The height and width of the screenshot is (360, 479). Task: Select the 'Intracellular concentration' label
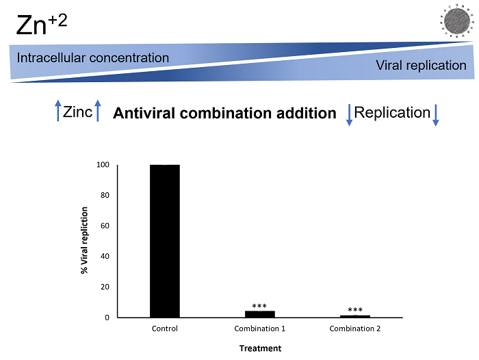click(x=93, y=57)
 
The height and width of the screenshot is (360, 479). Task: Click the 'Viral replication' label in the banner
click(x=421, y=66)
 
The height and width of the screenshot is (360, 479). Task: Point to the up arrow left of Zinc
click(x=58, y=112)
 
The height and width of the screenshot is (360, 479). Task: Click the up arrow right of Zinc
click(x=98, y=112)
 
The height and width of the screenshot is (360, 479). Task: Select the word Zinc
click(x=77, y=112)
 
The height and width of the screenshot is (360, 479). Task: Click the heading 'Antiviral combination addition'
click(x=224, y=114)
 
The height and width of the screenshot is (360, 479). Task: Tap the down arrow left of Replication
click(x=349, y=114)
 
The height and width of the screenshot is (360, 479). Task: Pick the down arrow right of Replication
click(x=435, y=114)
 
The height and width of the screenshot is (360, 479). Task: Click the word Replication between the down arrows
click(x=392, y=112)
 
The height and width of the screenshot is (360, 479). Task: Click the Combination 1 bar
click(x=259, y=314)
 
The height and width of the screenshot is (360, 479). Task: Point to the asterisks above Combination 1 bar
click(x=259, y=306)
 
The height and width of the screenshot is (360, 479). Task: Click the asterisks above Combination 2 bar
click(x=355, y=310)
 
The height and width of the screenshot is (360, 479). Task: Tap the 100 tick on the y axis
click(x=103, y=165)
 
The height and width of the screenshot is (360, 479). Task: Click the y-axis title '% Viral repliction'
click(x=85, y=241)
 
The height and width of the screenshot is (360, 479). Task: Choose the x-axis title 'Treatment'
click(x=260, y=348)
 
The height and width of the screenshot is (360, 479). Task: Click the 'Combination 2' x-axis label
click(x=355, y=329)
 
